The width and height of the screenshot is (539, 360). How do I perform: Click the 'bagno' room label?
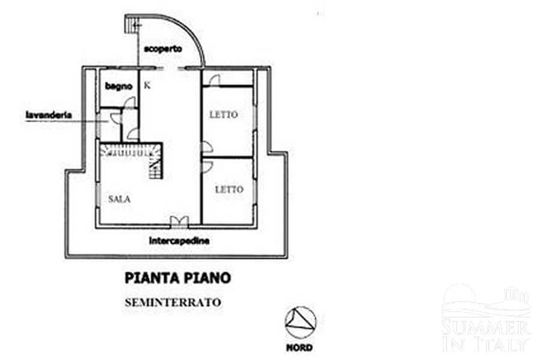(x=119, y=86)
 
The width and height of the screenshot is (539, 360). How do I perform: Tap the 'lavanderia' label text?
(x=49, y=115)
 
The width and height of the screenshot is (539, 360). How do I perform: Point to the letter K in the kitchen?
(x=147, y=85)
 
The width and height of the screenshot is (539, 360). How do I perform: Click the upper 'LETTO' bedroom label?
(x=224, y=114)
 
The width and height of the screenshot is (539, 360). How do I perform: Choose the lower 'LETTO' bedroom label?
(x=229, y=189)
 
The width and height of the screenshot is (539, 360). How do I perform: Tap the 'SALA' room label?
(x=119, y=199)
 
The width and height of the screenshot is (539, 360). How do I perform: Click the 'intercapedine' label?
(x=179, y=241)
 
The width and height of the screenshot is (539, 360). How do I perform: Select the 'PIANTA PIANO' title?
(x=177, y=278)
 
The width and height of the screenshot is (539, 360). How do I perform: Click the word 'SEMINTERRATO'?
(x=173, y=302)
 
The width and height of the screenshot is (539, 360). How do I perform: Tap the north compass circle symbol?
(x=300, y=322)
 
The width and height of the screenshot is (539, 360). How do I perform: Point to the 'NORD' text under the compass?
(x=299, y=347)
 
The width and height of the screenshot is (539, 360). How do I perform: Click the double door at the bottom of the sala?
(x=179, y=221)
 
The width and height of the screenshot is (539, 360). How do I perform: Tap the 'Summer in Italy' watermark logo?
(x=486, y=319)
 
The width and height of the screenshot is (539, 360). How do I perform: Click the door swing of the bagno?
(x=130, y=103)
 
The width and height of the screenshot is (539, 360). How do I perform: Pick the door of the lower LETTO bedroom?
(x=207, y=166)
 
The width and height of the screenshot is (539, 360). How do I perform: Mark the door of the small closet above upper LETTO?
(x=214, y=80)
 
